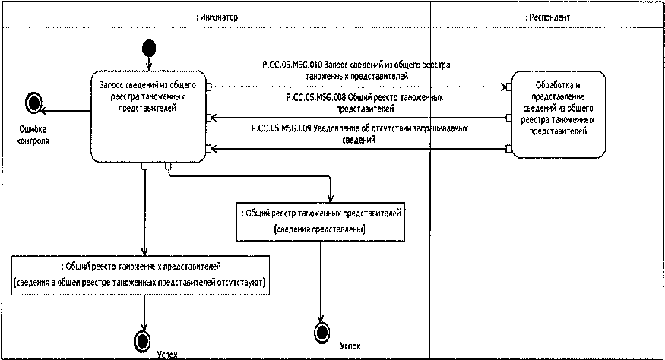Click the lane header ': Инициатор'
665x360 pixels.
click(x=216, y=16)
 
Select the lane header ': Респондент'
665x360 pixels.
click(x=547, y=16)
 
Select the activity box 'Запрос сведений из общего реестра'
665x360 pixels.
click(x=148, y=115)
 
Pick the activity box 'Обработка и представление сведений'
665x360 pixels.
click(x=559, y=114)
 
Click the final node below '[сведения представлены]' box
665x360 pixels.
click(x=321, y=331)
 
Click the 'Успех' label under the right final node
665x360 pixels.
click(x=347, y=346)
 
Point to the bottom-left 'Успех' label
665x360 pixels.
click(x=167, y=354)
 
